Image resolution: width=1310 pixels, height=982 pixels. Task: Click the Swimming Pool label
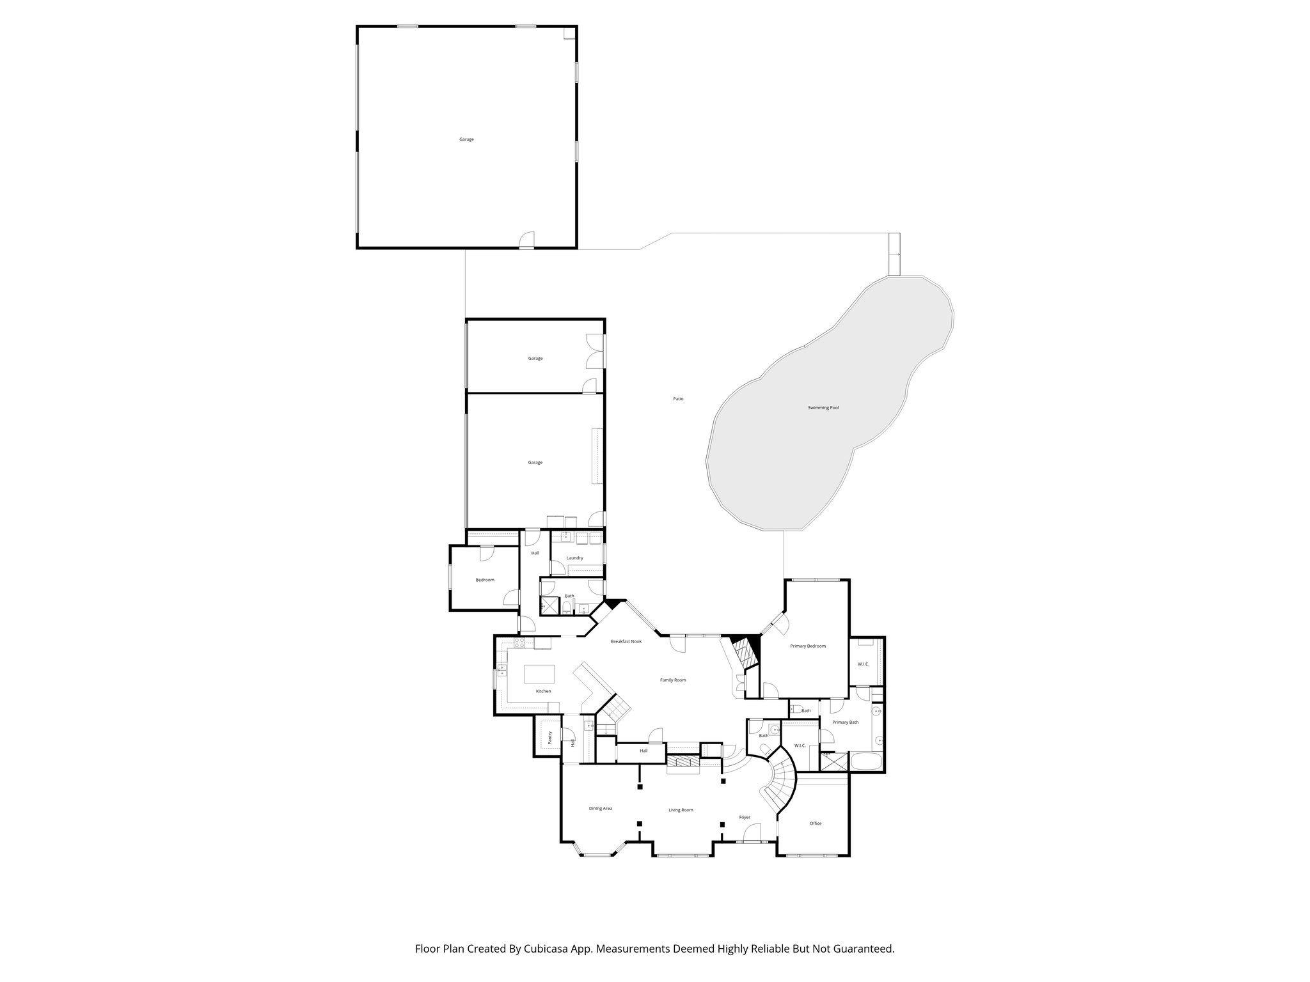[823, 407]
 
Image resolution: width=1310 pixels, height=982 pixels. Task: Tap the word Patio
[678, 399]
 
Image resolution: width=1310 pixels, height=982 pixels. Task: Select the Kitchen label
[543, 691]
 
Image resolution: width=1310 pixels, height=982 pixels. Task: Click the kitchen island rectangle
[540, 675]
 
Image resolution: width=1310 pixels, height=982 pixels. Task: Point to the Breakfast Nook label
[626, 641]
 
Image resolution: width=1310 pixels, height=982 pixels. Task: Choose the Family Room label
[673, 680]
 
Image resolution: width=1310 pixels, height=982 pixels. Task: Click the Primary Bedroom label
[808, 646]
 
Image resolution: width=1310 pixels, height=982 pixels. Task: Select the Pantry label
[550, 738]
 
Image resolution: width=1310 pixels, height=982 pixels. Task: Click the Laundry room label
[574, 558]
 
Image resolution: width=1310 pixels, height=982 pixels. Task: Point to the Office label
[816, 823]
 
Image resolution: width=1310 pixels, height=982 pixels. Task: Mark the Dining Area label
[600, 808]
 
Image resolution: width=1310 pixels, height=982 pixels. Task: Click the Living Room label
[681, 810]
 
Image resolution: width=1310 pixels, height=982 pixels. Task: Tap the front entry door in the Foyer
[752, 834]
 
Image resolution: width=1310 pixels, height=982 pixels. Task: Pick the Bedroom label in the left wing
[485, 580]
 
